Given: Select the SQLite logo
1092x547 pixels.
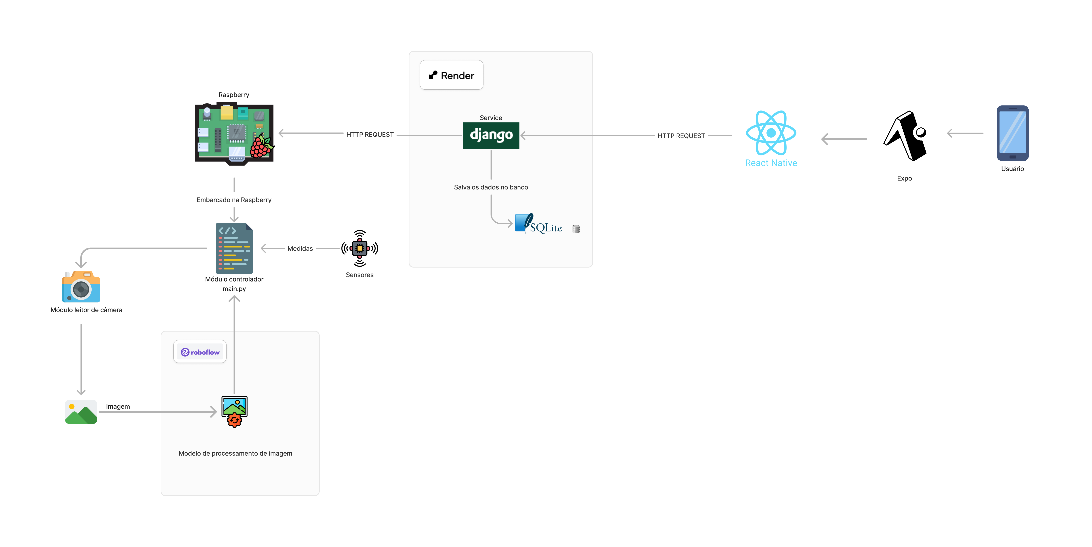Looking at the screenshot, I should point(538,224).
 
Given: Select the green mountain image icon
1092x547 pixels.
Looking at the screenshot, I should point(81,412).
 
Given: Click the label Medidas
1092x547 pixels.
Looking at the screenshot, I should point(300,248).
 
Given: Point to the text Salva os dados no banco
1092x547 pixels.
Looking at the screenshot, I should point(491,187).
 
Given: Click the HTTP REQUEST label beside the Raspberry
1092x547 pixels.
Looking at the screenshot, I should point(370,134).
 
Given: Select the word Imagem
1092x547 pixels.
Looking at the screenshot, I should point(118,406).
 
